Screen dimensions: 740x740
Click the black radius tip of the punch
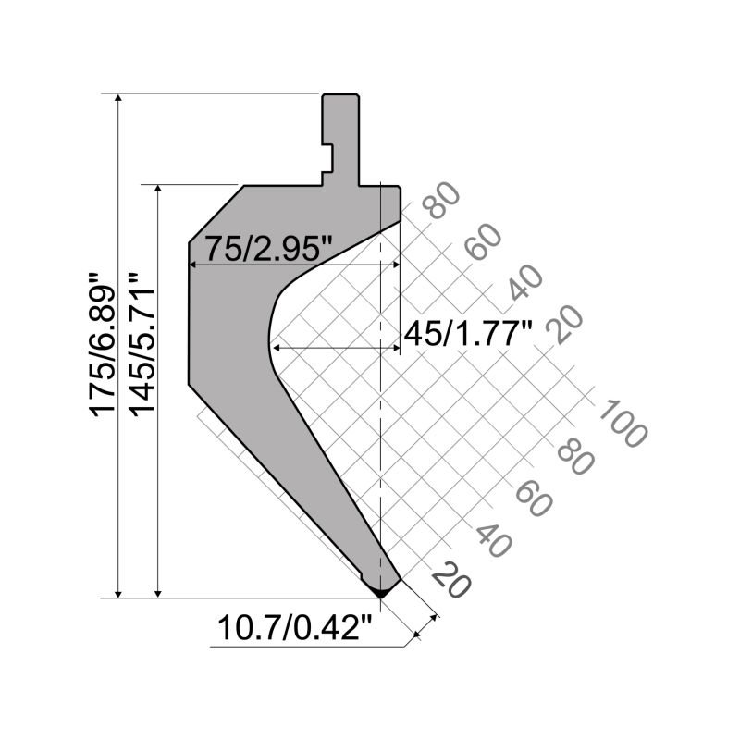(379, 587)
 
